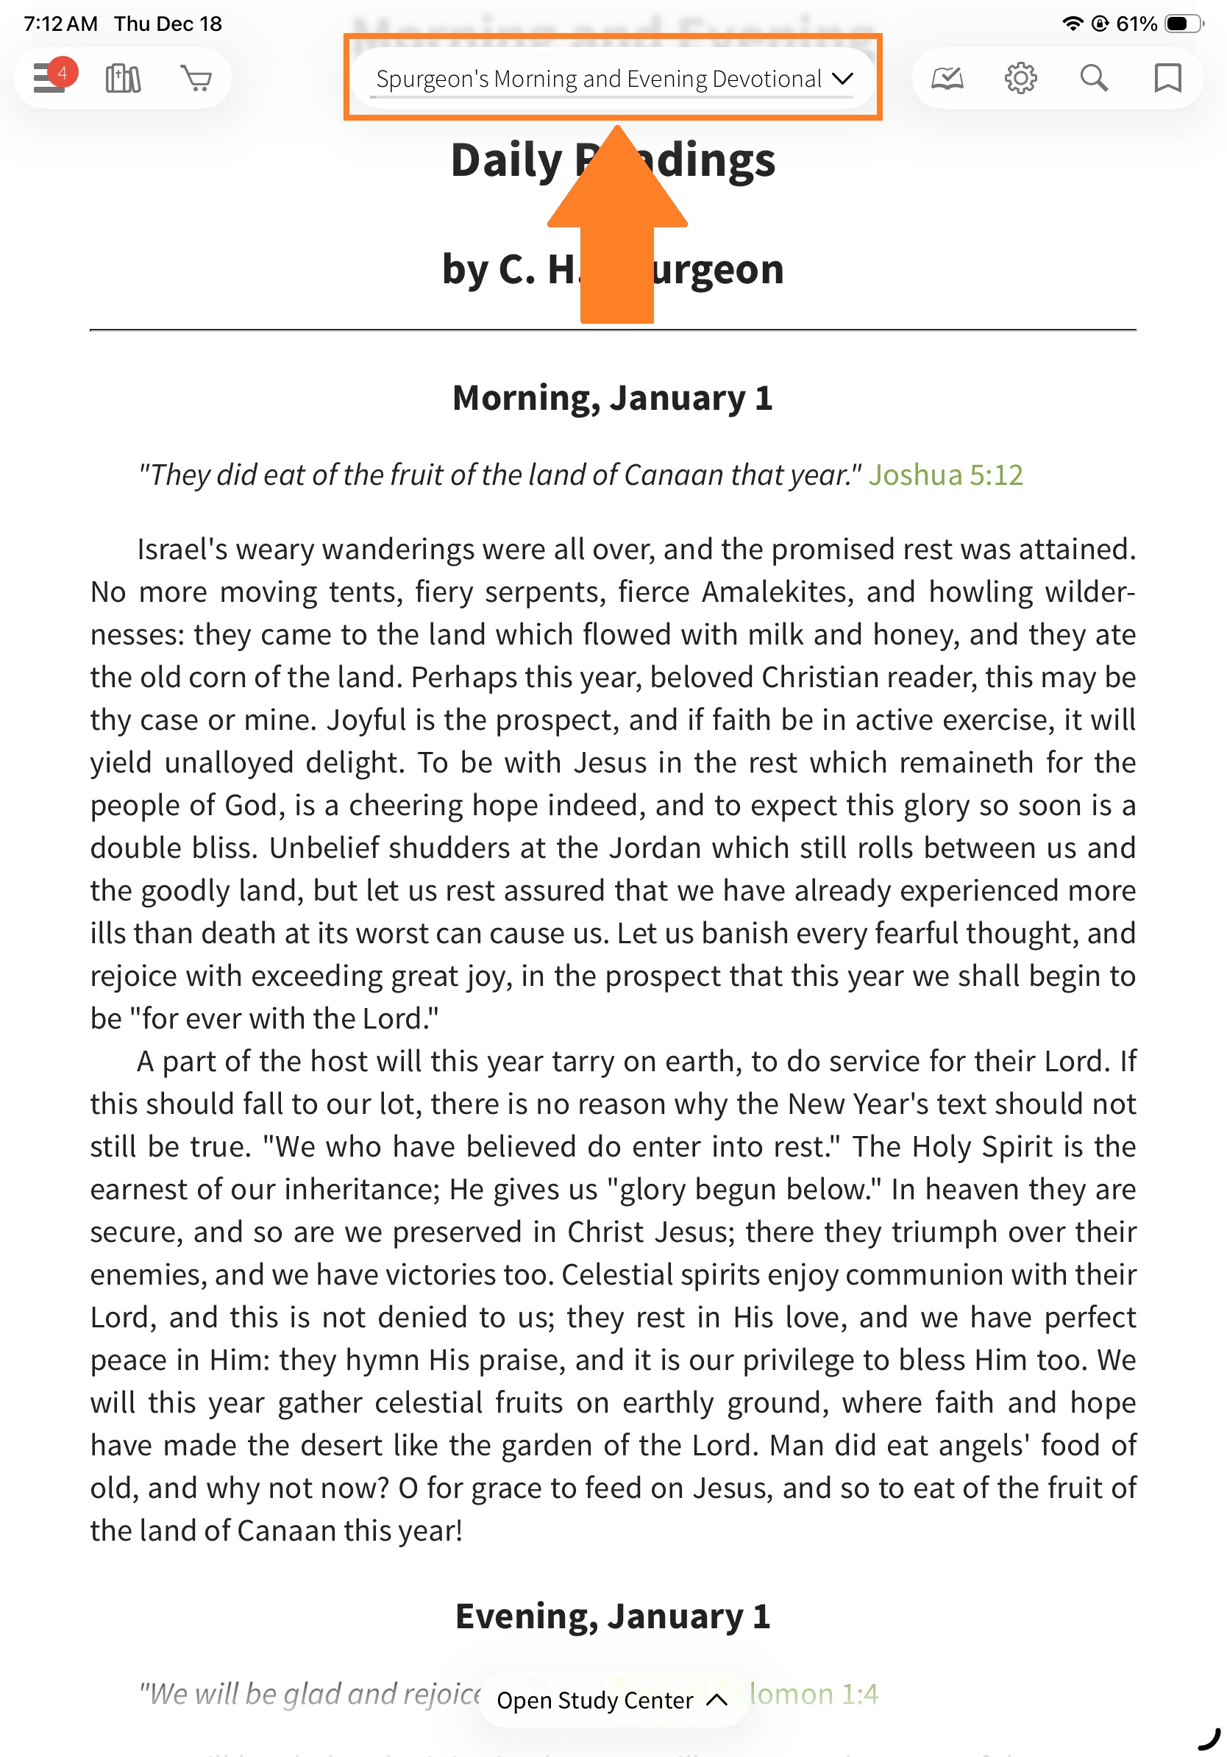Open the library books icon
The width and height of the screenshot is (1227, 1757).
point(122,78)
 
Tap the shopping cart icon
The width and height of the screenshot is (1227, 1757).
point(196,78)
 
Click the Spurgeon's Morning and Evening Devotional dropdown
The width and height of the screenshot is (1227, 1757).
point(613,79)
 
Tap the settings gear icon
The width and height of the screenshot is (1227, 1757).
point(1020,78)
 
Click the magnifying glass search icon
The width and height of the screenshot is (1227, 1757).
point(1093,78)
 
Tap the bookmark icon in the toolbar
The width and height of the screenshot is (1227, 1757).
point(1167,78)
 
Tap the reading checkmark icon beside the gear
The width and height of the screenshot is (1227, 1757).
point(946,78)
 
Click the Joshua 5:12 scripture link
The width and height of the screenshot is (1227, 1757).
point(945,475)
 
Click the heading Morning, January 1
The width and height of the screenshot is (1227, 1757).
point(612,398)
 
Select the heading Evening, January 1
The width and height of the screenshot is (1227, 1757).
point(612,1616)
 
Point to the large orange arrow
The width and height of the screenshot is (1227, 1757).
point(616,230)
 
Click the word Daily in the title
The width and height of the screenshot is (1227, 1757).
point(506,160)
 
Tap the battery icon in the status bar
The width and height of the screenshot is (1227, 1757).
point(1182,24)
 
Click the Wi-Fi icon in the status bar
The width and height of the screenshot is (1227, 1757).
point(1073,24)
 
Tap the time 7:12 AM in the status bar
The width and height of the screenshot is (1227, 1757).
point(60,24)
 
